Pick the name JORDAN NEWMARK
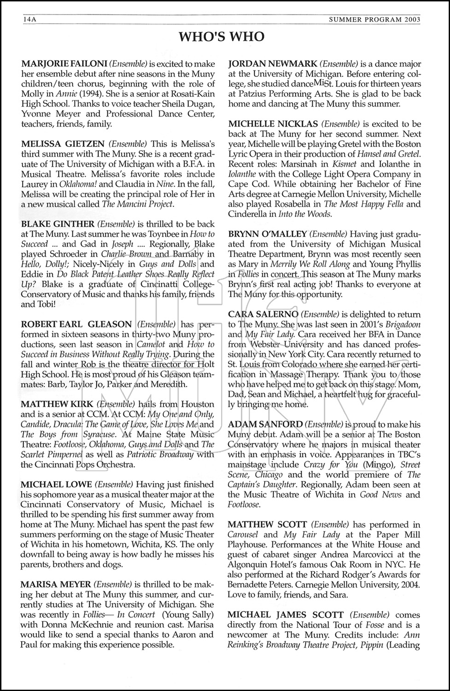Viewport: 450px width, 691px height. [273, 64]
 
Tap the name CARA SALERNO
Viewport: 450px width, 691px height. [263, 314]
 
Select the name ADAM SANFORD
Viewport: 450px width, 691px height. [265, 424]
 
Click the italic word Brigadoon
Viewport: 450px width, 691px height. [402, 324]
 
